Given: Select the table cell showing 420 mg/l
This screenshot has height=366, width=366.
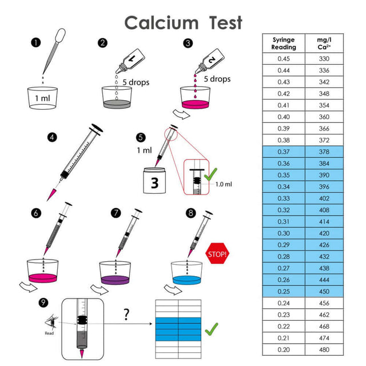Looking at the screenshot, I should click(324, 233).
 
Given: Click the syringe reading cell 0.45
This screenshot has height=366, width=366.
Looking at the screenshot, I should click(283, 59).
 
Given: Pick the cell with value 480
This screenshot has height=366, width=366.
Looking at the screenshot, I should click(324, 349).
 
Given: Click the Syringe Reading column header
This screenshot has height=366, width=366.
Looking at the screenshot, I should click(283, 43).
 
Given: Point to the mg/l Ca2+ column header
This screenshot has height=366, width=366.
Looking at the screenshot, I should click(324, 43).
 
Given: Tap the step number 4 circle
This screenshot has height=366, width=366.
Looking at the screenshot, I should click(53, 137).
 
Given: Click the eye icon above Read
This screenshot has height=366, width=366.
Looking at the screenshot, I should click(49, 323).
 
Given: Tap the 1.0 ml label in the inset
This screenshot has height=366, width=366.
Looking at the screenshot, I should click(225, 184).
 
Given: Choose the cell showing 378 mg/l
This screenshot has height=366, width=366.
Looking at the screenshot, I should click(324, 151).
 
